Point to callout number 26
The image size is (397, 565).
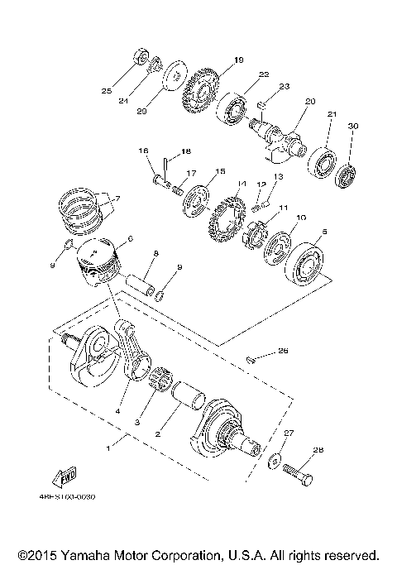point(283,351)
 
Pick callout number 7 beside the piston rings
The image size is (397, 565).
point(117,199)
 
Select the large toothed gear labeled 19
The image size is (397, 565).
point(200,96)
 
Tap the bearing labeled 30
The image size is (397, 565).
point(344,176)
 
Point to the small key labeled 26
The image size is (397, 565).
point(253,358)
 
